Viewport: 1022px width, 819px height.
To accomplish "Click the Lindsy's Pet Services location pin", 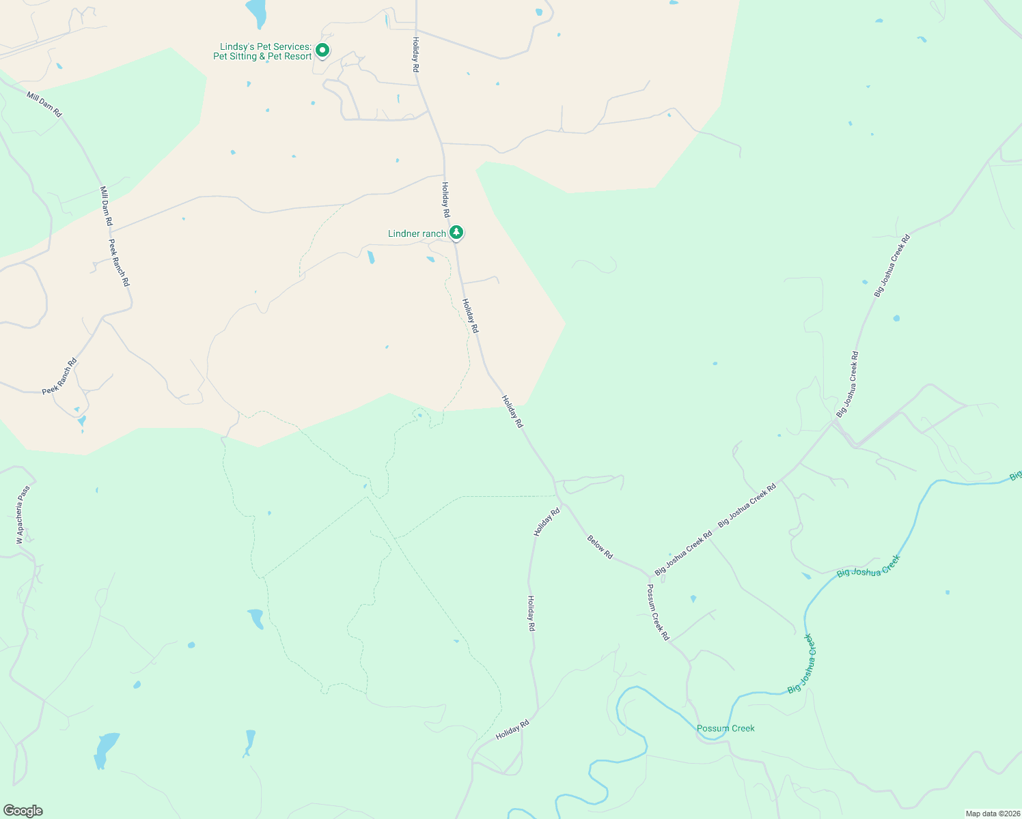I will click(322, 50).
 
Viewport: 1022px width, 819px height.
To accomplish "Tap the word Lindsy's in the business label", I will click(237, 47).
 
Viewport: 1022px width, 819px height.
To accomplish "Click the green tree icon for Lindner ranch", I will click(456, 233).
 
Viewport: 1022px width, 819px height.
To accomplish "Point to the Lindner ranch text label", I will click(417, 233).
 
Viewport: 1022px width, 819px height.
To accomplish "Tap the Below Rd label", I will click(600, 547).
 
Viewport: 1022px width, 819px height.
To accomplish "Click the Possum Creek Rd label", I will click(658, 612).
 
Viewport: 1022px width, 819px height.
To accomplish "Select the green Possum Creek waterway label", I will click(726, 728).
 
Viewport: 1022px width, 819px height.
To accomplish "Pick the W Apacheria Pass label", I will click(24, 515).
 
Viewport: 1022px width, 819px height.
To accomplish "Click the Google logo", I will click(23, 811).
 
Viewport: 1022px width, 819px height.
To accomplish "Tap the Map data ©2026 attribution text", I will click(992, 814).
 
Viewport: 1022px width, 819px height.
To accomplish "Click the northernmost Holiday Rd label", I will click(415, 55).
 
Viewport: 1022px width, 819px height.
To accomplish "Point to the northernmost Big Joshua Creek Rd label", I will click(892, 265).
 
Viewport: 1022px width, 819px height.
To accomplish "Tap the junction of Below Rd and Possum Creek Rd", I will click(650, 575).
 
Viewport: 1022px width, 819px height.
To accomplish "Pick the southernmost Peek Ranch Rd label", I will click(59, 377).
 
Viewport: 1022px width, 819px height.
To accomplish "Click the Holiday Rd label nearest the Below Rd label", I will click(547, 521).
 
